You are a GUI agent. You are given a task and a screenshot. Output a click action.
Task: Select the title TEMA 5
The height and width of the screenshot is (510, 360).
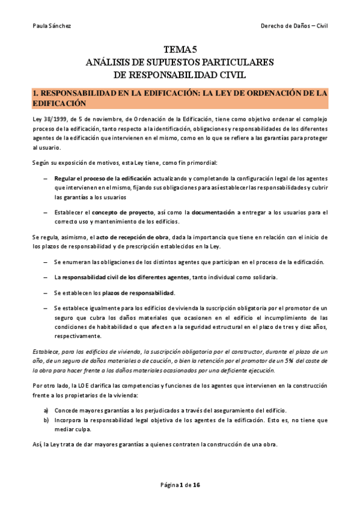tap(180, 51)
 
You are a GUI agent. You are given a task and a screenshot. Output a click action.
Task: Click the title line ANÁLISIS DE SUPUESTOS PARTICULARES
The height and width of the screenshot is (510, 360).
tap(180, 63)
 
